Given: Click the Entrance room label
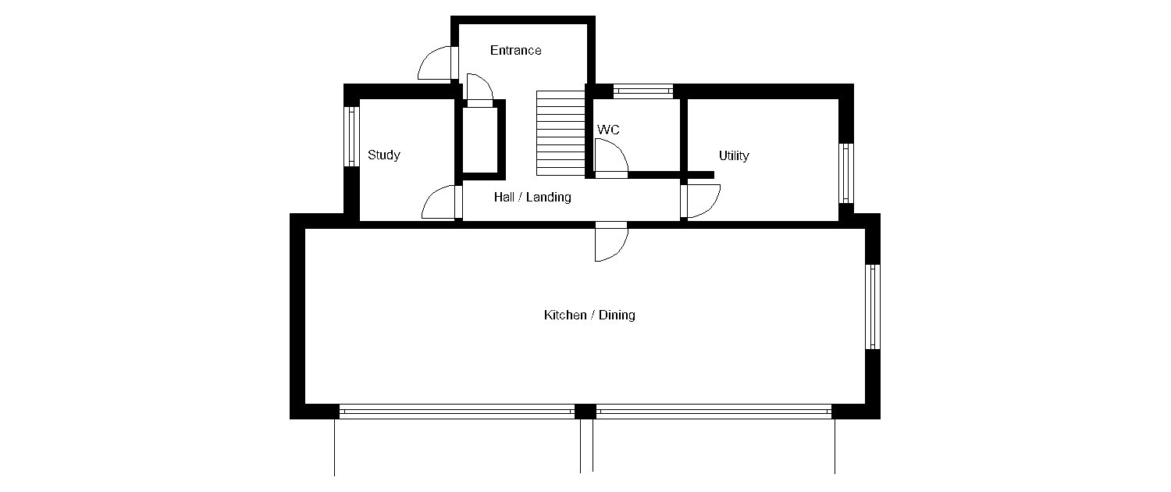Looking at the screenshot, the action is click(x=515, y=50).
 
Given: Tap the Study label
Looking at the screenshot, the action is click(x=384, y=155).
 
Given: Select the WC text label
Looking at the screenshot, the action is click(x=608, y=130).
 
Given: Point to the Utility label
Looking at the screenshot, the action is click(x=734, y=155).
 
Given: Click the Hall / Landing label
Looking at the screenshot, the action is click(x=532, y=197).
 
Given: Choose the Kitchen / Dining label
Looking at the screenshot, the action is click(x=589, y=315).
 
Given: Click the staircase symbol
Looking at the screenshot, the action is click(x=561, y=134).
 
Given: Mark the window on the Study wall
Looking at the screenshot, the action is click(x=351, y=137).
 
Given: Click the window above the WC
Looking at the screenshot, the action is click(x=643, y=91).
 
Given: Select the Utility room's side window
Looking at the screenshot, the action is click(x=846, y=173).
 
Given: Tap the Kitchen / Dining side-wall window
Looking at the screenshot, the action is click(x=873, y=306).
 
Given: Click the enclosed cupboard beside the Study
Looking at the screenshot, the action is click(x=480, y=140).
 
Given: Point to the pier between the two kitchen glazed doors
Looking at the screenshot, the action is click(x=585, y=412).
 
